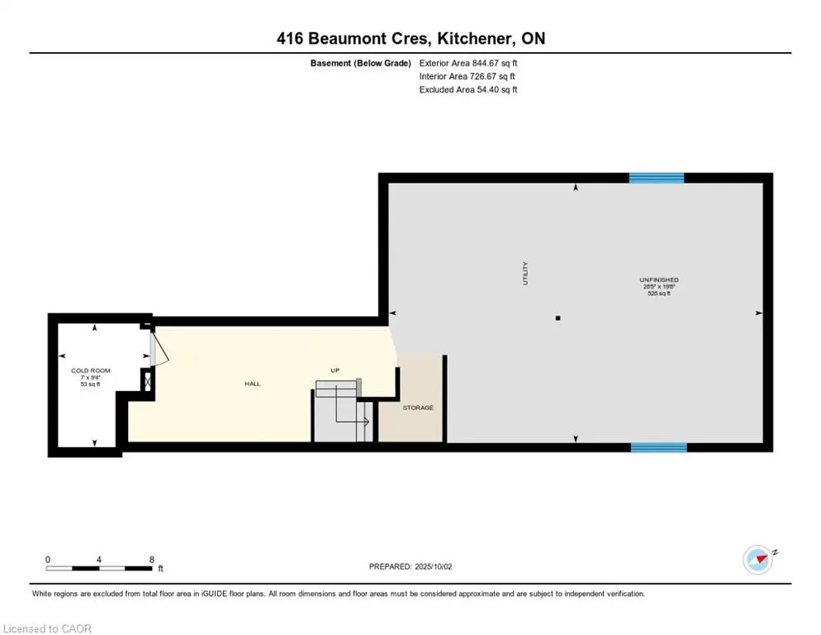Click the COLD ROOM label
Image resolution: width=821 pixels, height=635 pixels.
coord(91,370)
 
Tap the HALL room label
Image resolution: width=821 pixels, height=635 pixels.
coord(252,384)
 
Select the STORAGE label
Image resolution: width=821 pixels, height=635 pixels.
coord(418,408)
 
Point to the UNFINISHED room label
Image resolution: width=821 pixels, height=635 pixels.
coord(658,280)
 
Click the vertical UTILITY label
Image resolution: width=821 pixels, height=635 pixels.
coord(524,274)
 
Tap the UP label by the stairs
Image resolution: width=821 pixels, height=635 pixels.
coord(335,370)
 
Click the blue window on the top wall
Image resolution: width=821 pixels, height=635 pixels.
coord(657,178)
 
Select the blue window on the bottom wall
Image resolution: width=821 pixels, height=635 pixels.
coord(658,447)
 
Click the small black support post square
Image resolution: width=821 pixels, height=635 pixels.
coord(558,317)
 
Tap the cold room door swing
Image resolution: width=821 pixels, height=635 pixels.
coord(160,346)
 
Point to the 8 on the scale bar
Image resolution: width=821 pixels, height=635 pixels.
coord(152,560)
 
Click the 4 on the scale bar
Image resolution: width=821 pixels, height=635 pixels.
coord(99,560)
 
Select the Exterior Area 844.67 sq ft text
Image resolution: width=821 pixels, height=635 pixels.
coord(468,63)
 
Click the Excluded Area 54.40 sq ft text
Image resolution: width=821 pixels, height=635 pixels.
coord(468,90)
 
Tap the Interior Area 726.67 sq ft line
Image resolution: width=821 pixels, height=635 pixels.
coord(467,77)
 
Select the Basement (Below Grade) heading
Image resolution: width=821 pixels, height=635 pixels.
coord(360,63)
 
